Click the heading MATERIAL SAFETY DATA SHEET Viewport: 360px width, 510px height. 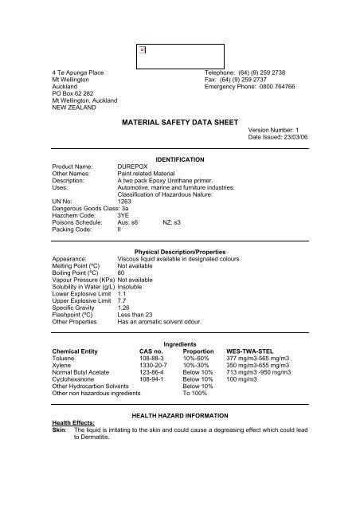[179, 125]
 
